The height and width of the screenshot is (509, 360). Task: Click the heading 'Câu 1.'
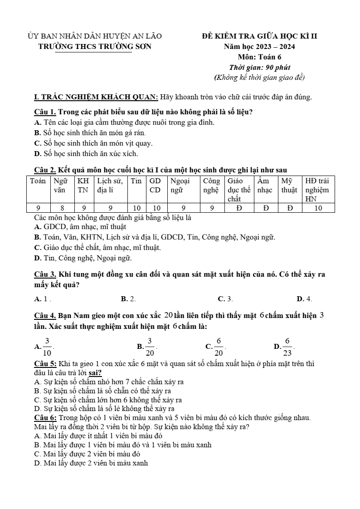click(x=45, y=112)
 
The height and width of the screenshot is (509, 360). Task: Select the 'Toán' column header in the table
click(x=38, y=181)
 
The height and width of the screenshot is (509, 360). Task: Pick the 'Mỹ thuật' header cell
click(x=289, y=186)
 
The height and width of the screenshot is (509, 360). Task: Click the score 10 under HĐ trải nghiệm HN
click(x=318, y=208)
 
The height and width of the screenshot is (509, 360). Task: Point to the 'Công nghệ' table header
click(x=211, y=186)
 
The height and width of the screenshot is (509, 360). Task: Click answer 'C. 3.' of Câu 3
click(x=225, y=299)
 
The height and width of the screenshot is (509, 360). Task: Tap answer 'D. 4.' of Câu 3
click(x=304, y=299)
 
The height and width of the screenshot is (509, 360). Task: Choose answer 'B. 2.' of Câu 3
click(x=128, y=299)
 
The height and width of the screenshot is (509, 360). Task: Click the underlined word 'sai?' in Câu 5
click(x=95, y=373)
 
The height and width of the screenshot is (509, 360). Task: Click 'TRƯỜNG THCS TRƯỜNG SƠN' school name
click(x=95, y=46)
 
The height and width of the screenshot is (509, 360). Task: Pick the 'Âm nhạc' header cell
click(x=265, y=186)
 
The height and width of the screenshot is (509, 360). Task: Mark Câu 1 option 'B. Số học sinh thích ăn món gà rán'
click(x=90, y=133)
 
